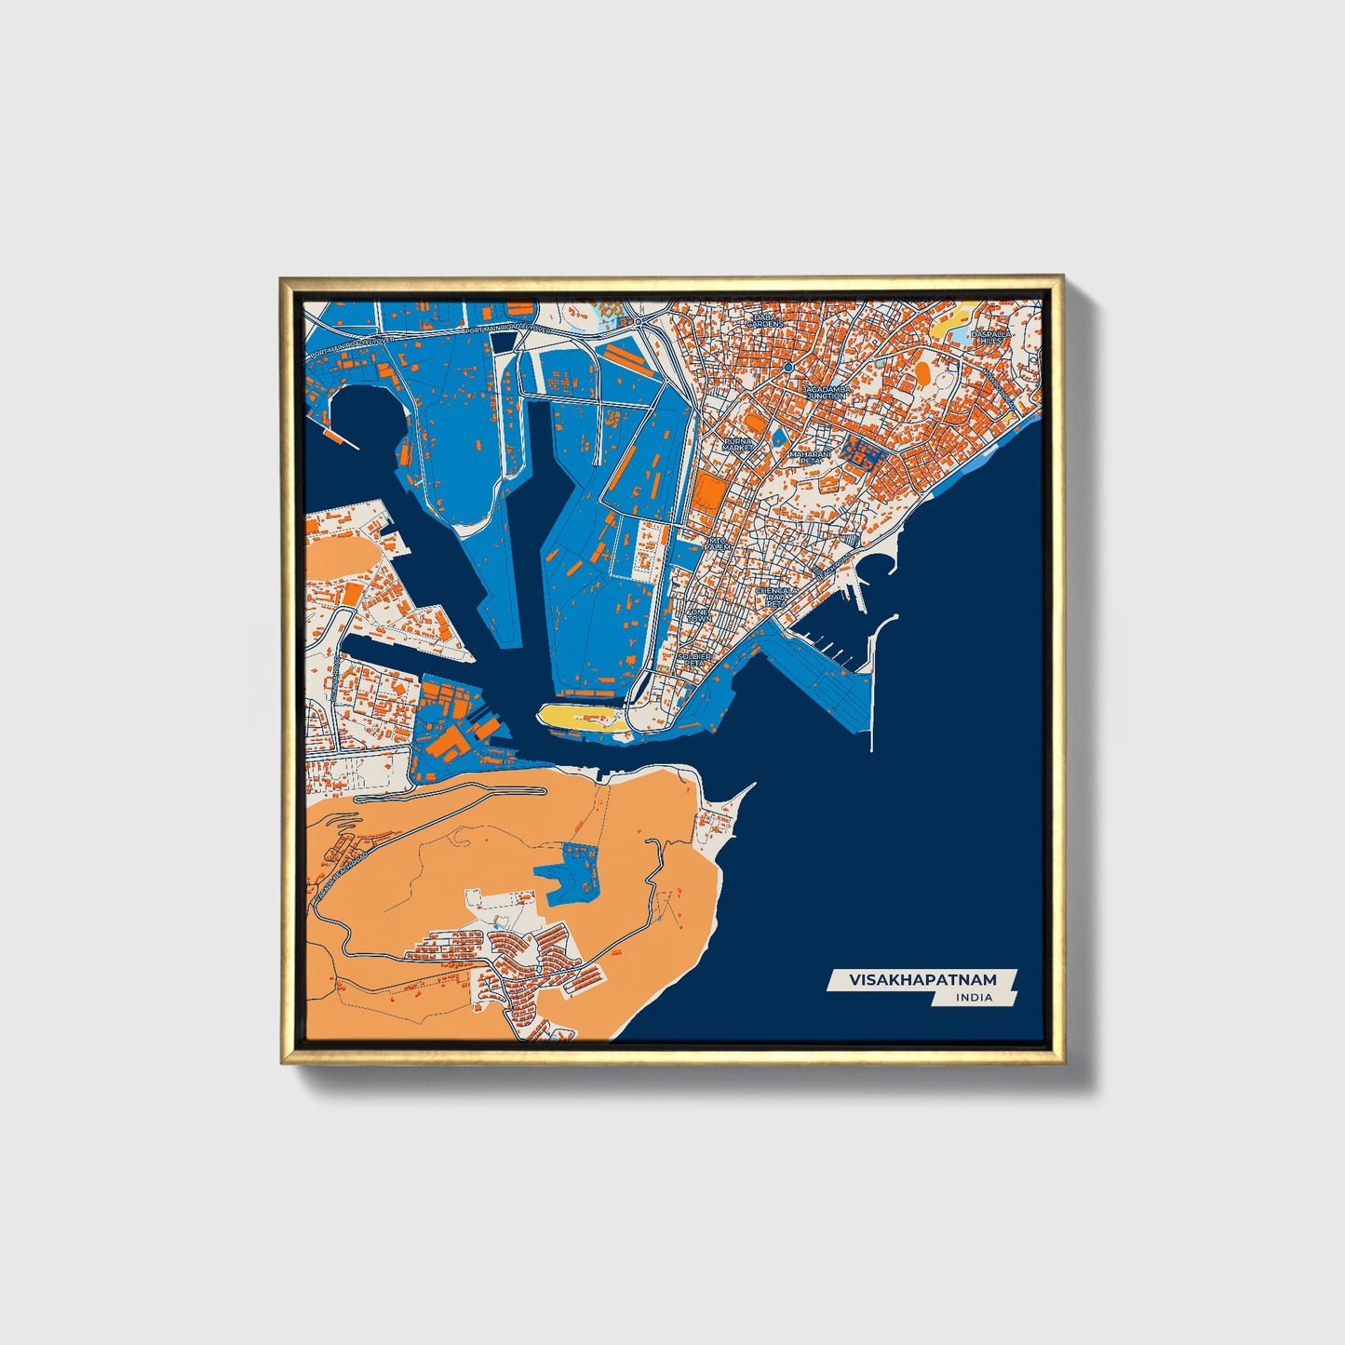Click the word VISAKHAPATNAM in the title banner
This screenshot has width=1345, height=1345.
pyautogui.click(x=921, y=980)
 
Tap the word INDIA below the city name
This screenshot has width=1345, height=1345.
pyautogui.click(x=974, y=998)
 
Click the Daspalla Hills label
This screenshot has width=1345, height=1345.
pyautogui.click(x=990, y=337)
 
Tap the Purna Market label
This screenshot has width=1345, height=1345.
pyautogui.click(x=739, y=444)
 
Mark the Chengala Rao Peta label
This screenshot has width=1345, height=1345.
pyautogui.click(x=775, y=596)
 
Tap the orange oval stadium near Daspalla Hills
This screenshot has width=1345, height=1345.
pyautogui.click(x=923, y=372)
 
